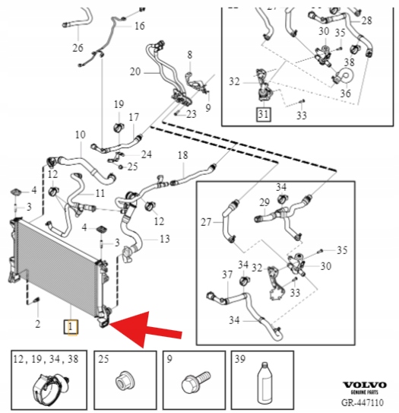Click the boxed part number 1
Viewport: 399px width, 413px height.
[x=70, y=327]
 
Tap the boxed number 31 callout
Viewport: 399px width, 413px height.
[x=264, y=114]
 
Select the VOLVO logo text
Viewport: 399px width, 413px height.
[x=365, y=385]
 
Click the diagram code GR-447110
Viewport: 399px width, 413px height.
[x=363, y=402]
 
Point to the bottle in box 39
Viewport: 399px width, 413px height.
[x=264, y=383]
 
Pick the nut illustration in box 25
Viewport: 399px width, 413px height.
[x=125, y=381]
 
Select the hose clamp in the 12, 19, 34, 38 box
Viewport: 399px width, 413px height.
[x=50, y=386]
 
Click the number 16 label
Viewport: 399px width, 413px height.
[x=140, y=26]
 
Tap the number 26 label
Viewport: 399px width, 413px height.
[x=78, y=48]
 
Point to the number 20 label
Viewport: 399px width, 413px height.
[x=135, y=71]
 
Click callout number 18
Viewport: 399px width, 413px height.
[x=182, y=155]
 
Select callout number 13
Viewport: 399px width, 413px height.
[x=165, y=239]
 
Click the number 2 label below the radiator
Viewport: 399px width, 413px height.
[x=38, y=324]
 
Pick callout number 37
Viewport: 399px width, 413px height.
[x=227, y=275]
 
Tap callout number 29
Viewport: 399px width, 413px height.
[x=264, y=202]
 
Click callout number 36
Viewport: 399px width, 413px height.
[x=346, y=93]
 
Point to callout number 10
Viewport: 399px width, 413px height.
[x=81, y=135]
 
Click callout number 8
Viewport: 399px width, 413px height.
[x=190, y=55]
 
